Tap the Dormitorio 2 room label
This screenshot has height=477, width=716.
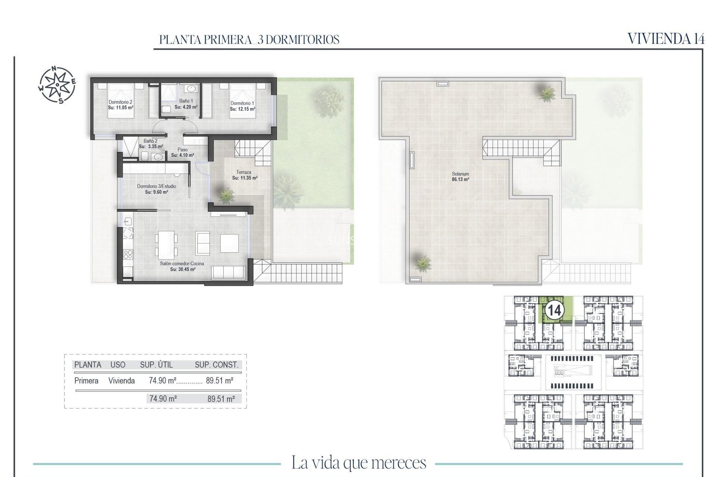click(120, 102)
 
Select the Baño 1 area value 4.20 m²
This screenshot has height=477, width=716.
click(186, 107)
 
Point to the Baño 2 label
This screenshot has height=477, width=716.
click(150, 141)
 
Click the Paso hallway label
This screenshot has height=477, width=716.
click(182, 150)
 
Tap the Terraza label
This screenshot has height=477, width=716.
click(244, 172)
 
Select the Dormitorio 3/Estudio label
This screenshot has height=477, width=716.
click(157, 186)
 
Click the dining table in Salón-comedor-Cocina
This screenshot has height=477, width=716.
click(166, 245)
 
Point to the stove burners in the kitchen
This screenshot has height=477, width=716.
click(128, 255)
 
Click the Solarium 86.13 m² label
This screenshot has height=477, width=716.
click(460, 177)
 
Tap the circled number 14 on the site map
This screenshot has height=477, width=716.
click(554, 310)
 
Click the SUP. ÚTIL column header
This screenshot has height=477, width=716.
click(156, 365)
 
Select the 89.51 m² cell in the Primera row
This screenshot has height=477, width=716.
click(220, 381)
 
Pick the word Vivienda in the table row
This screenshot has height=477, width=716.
click(121, 381)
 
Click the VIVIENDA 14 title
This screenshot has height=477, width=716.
click(666, 39)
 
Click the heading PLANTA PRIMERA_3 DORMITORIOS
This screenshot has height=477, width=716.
click(249, 40)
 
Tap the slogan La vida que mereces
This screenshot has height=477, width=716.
click(358, 463)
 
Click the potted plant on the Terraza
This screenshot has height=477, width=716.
click(226, 195)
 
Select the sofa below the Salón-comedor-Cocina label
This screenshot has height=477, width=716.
click(228, 273)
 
